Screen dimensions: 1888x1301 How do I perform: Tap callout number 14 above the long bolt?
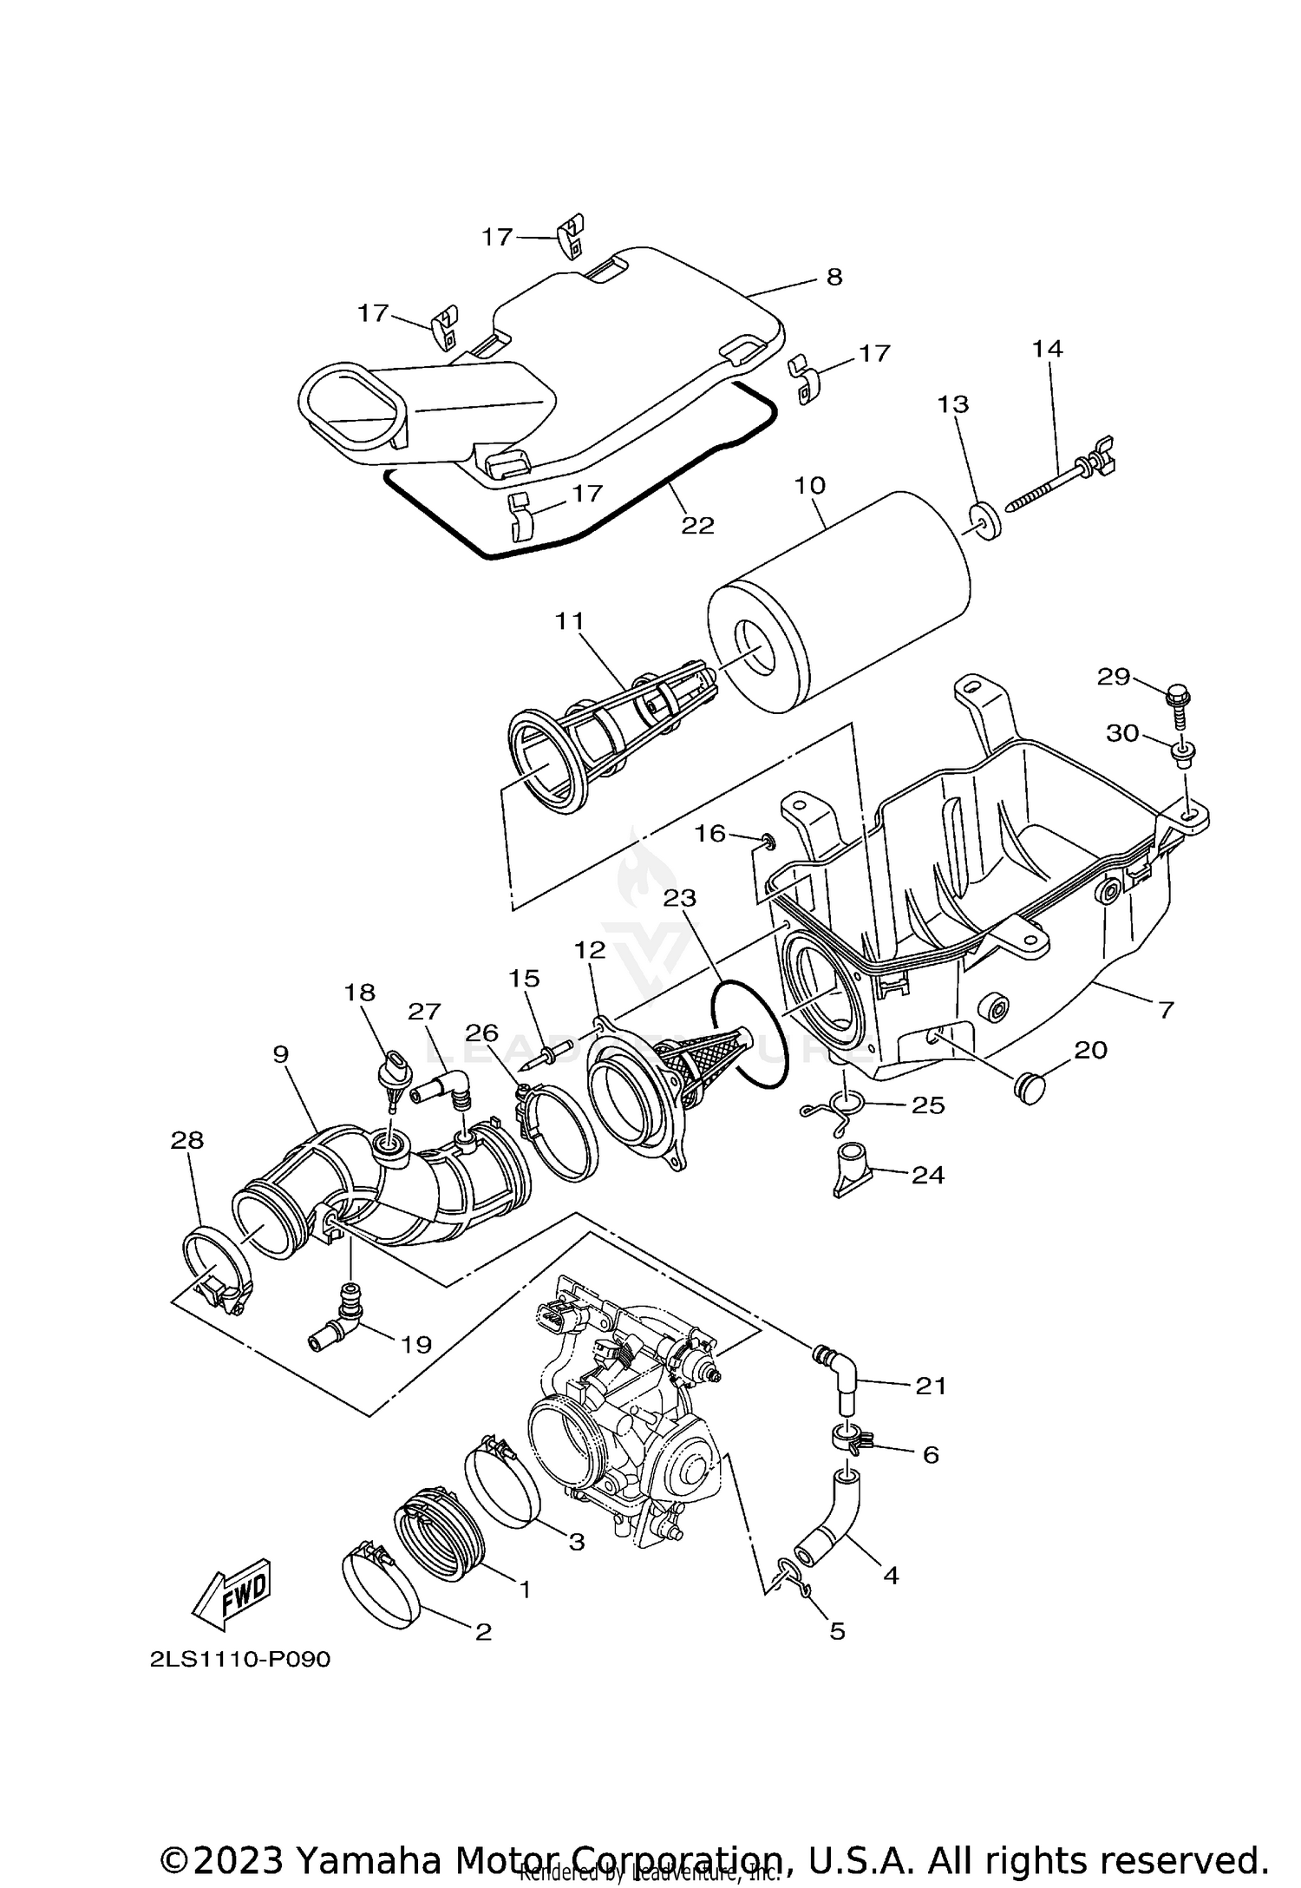pos(1047,348)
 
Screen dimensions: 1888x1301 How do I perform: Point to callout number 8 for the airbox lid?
pos(833,277)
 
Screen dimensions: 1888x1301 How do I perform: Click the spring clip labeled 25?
pos(840,1110)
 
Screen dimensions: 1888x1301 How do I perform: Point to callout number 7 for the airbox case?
pos(1165,1009)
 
